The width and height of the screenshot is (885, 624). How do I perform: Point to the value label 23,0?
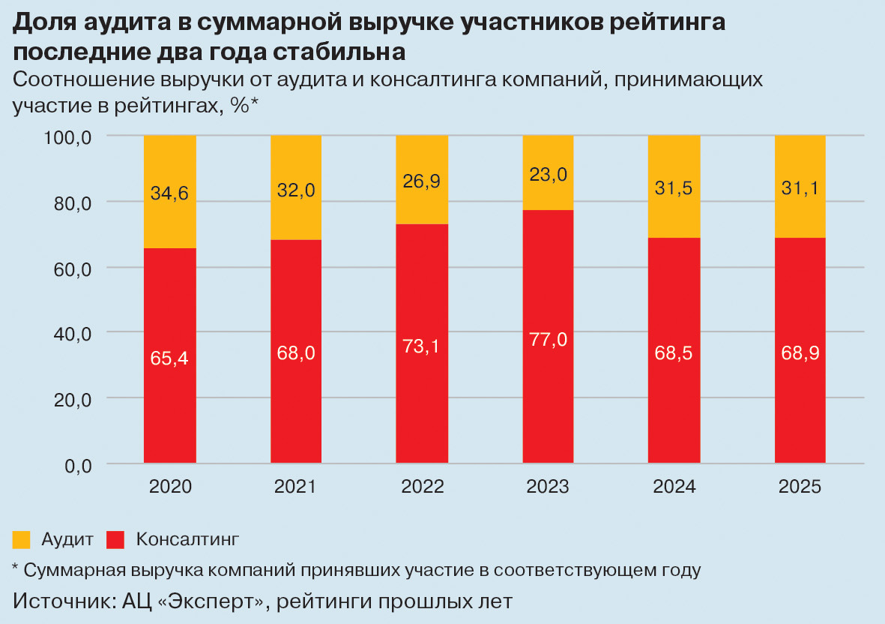[x=548, y=175]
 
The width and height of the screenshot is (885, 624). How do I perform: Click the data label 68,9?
[x=800, y=352]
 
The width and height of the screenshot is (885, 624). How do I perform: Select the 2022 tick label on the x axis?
[x=422, y=487]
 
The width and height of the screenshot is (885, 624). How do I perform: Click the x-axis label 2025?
[x=800, y=487]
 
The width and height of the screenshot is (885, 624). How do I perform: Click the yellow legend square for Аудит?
[x=22, y=539]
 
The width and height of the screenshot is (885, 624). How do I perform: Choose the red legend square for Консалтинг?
[x=115, y=539]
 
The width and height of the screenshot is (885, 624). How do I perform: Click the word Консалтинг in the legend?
[x=187, y=539]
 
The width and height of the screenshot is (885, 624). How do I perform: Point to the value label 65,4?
[x=170, y=358]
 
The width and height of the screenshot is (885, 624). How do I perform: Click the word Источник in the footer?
[x=61, y=601]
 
